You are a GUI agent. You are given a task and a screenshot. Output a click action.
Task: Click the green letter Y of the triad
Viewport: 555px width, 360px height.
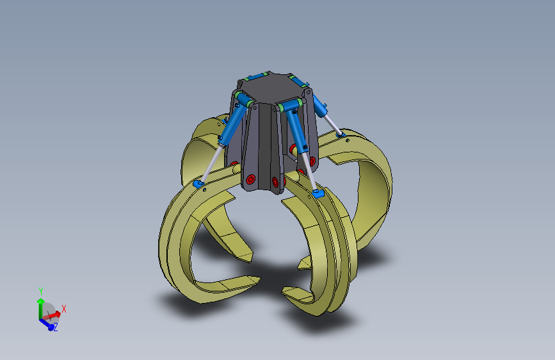click(x=41, y=291)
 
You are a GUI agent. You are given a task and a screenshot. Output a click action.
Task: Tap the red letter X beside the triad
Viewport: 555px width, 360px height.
click(x=64, y=309)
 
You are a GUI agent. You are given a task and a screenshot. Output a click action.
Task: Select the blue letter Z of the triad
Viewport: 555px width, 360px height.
click(x=56, y=327)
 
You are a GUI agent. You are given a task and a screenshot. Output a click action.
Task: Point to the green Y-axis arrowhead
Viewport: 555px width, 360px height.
click(x=41, y=301)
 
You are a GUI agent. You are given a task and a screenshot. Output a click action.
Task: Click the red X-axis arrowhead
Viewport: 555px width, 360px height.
click(x=58, y=314)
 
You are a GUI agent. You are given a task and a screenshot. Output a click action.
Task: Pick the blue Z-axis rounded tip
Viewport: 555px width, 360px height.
click(x=51, y=327)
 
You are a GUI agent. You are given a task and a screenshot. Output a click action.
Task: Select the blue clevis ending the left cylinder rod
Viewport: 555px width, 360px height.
click(x=198, y=184)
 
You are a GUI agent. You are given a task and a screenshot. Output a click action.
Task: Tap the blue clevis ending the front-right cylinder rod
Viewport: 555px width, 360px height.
click(x=318, y=193)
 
